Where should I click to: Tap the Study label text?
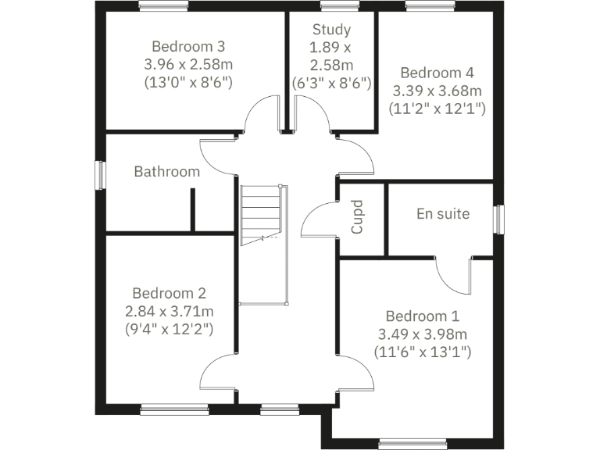point(331,30)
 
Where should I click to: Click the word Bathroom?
point(166,171)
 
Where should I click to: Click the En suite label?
point(443,212)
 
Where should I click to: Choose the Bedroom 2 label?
point(169,294)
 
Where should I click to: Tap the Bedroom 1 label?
point(423,316)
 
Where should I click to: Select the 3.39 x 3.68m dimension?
point(437,91)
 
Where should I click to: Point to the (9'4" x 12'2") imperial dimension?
point(169,329)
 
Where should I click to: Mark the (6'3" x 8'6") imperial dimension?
point(331,82)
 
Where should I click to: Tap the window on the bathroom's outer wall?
point(99,174)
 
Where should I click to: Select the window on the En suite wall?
point(498,219)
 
